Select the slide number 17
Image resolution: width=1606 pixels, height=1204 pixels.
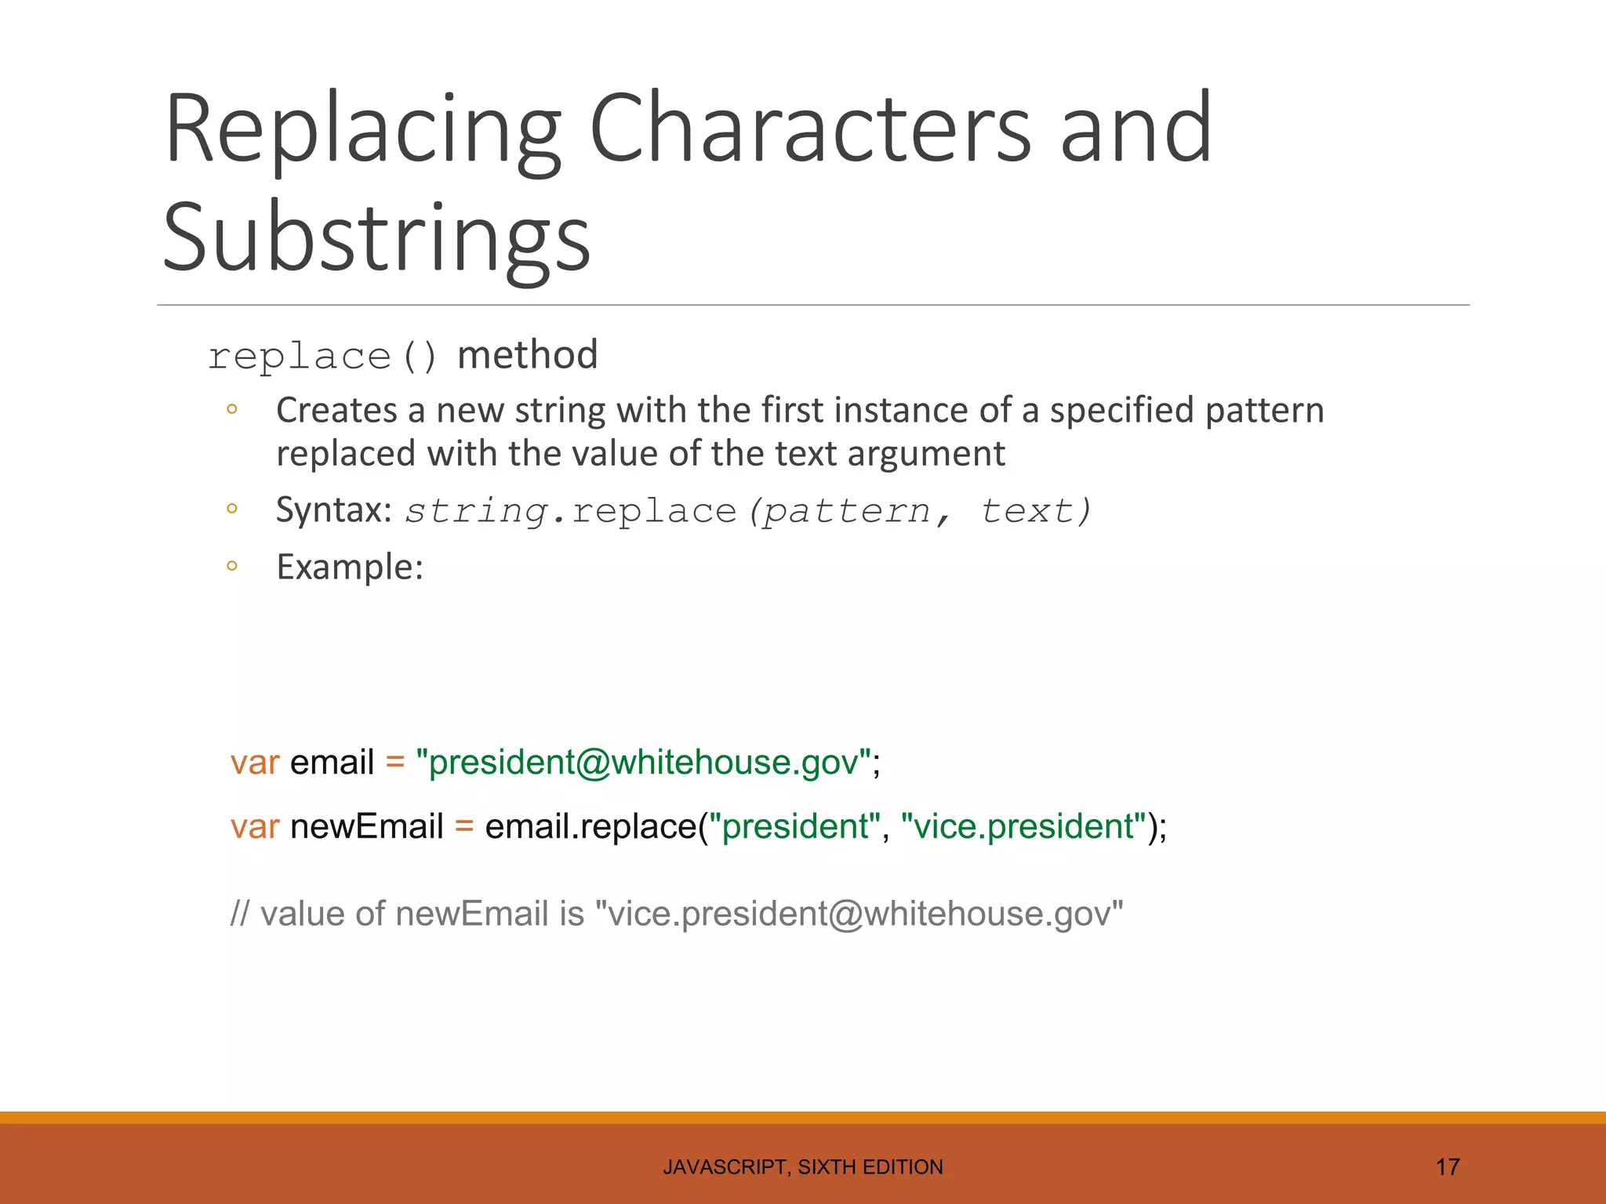[x=1447, y=1167]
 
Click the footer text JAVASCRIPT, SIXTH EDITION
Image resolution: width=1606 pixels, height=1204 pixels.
[x=803, y=1167]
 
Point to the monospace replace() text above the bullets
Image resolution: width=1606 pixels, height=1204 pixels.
[x=322, y=357]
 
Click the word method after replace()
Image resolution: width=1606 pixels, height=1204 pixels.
[x=527, y=355]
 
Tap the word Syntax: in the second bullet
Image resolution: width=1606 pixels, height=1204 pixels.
[x=334, y=511]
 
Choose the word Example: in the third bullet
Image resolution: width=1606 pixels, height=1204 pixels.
[x=350, y=567]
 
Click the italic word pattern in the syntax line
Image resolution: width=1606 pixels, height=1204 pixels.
[x=847, y=512]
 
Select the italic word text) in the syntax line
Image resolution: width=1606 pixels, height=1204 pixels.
[x=1035, y=512]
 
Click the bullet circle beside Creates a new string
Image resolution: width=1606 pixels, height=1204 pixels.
[x=231, y=408]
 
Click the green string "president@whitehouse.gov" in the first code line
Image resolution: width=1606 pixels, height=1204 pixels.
[x=644, y=763]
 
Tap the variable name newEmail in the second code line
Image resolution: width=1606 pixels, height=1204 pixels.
[x=367, y=827]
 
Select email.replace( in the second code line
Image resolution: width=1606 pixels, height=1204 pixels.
[x=591, y=827]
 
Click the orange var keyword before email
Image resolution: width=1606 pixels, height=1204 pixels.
[x=255, y=763]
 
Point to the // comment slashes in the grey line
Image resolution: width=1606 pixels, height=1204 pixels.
[x=239, y=914]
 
